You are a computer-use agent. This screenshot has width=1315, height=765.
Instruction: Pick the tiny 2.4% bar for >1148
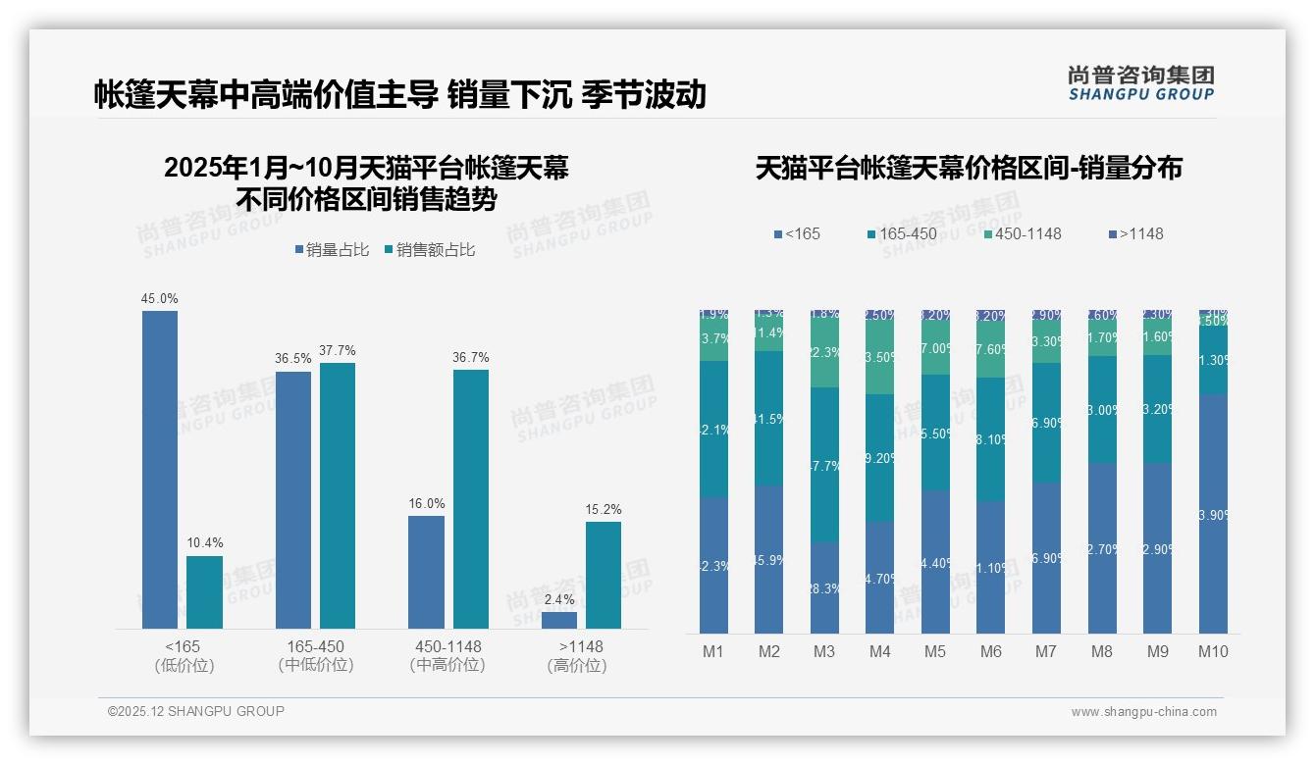click(x=559, y=620)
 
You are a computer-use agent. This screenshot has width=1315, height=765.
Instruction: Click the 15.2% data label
click(x=604, y=509)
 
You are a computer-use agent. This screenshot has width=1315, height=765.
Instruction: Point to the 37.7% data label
click(x=338, y=350)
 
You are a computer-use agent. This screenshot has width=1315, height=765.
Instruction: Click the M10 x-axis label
click(x=1213, y=651)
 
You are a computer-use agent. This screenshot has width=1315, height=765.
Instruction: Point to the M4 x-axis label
click(x=880, y=651)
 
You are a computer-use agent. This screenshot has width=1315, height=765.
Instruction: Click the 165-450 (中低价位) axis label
click(x=316, y=655)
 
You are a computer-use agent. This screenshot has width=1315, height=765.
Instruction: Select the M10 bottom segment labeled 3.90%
click(x=1213, y=514)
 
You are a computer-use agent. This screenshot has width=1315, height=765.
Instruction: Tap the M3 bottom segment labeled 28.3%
click(x=824, y=587)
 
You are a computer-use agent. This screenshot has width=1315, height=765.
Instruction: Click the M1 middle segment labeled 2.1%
click(x=713, y=430)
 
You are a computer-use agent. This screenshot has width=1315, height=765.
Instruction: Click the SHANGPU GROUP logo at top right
click(x=1141, y=83)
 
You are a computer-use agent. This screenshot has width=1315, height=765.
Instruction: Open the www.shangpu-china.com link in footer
click(x=1143, y=712)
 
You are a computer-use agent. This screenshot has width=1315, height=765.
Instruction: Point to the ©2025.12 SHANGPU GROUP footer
click(x=196, y=711)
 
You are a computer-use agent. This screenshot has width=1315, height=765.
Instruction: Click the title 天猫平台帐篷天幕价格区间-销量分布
click(x=969, y=168)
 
